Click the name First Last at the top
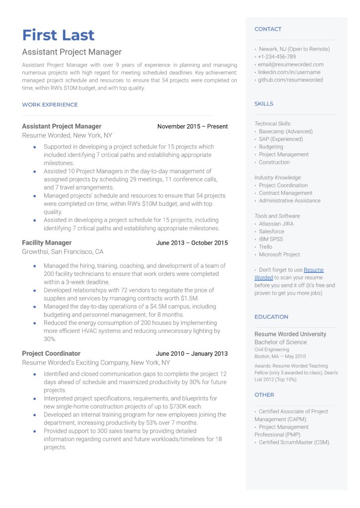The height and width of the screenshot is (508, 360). (58, 35)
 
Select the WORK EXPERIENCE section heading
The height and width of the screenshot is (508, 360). (50, 105)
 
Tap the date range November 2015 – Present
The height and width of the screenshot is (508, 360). (192, 127)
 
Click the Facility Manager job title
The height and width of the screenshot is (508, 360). (47, 243)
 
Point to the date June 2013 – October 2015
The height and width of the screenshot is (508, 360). (192, 243)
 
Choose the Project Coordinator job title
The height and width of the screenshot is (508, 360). (51, 353)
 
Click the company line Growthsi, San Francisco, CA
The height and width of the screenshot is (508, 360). (63, 252)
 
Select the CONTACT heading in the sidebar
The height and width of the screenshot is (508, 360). (268, 29)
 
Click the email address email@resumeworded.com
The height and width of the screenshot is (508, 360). (290, 64)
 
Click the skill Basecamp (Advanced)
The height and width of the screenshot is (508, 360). (286, 131)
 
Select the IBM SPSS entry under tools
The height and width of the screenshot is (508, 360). (271, 239)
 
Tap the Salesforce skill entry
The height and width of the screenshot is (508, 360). (272, 231)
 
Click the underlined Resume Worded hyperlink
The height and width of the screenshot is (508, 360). (313, 270)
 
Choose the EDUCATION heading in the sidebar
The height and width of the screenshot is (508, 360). (271, 317)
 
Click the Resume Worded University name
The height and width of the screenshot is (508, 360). (290, 334)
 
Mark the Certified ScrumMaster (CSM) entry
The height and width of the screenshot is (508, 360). (294, 443)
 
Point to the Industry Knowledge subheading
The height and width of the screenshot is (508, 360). (278, 178)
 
